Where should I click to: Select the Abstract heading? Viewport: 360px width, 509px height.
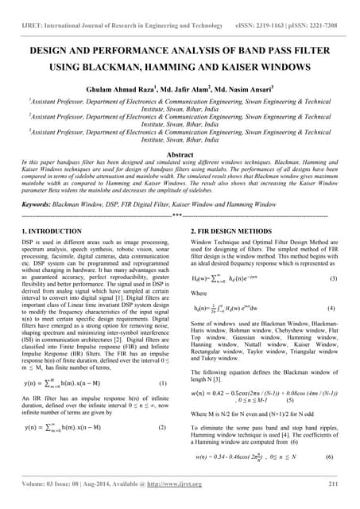pos(180,152)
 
